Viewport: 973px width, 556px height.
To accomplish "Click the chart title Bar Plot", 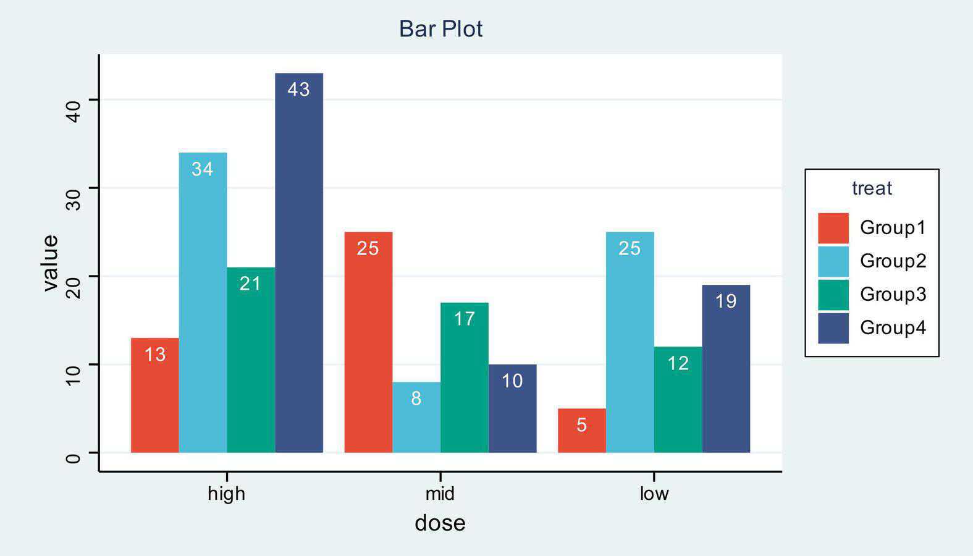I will click(x=440, y=29).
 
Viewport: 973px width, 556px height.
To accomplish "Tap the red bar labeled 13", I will click(x=154, y=395).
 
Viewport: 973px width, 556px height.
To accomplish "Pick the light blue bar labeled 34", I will click(x=203, y=303).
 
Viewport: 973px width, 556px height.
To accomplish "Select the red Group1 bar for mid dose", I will click(x=368, y=342).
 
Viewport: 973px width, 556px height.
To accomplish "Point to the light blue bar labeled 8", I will click(x=416, y=417).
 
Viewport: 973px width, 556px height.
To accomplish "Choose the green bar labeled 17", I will click(x=465, y=377).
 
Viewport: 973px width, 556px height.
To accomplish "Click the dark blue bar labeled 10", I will click(x=512, y=408).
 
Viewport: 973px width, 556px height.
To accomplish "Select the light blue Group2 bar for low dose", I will click(x=630, y=342).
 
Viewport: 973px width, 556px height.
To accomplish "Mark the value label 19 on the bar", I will click(x=726, y=301).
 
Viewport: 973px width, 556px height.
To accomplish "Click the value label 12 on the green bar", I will click(x=678, y=363).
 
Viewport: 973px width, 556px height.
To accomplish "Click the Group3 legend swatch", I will click(x=833, y=295).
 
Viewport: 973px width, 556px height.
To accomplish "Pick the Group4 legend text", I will click(x=893, y=327).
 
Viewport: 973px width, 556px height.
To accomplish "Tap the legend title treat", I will click(x=872, y=188).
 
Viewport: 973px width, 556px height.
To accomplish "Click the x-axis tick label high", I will click(x=227, y=494).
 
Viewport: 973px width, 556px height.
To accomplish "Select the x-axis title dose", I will click(x=440, y=523).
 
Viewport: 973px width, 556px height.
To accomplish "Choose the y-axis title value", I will click(x=50, y=263).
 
